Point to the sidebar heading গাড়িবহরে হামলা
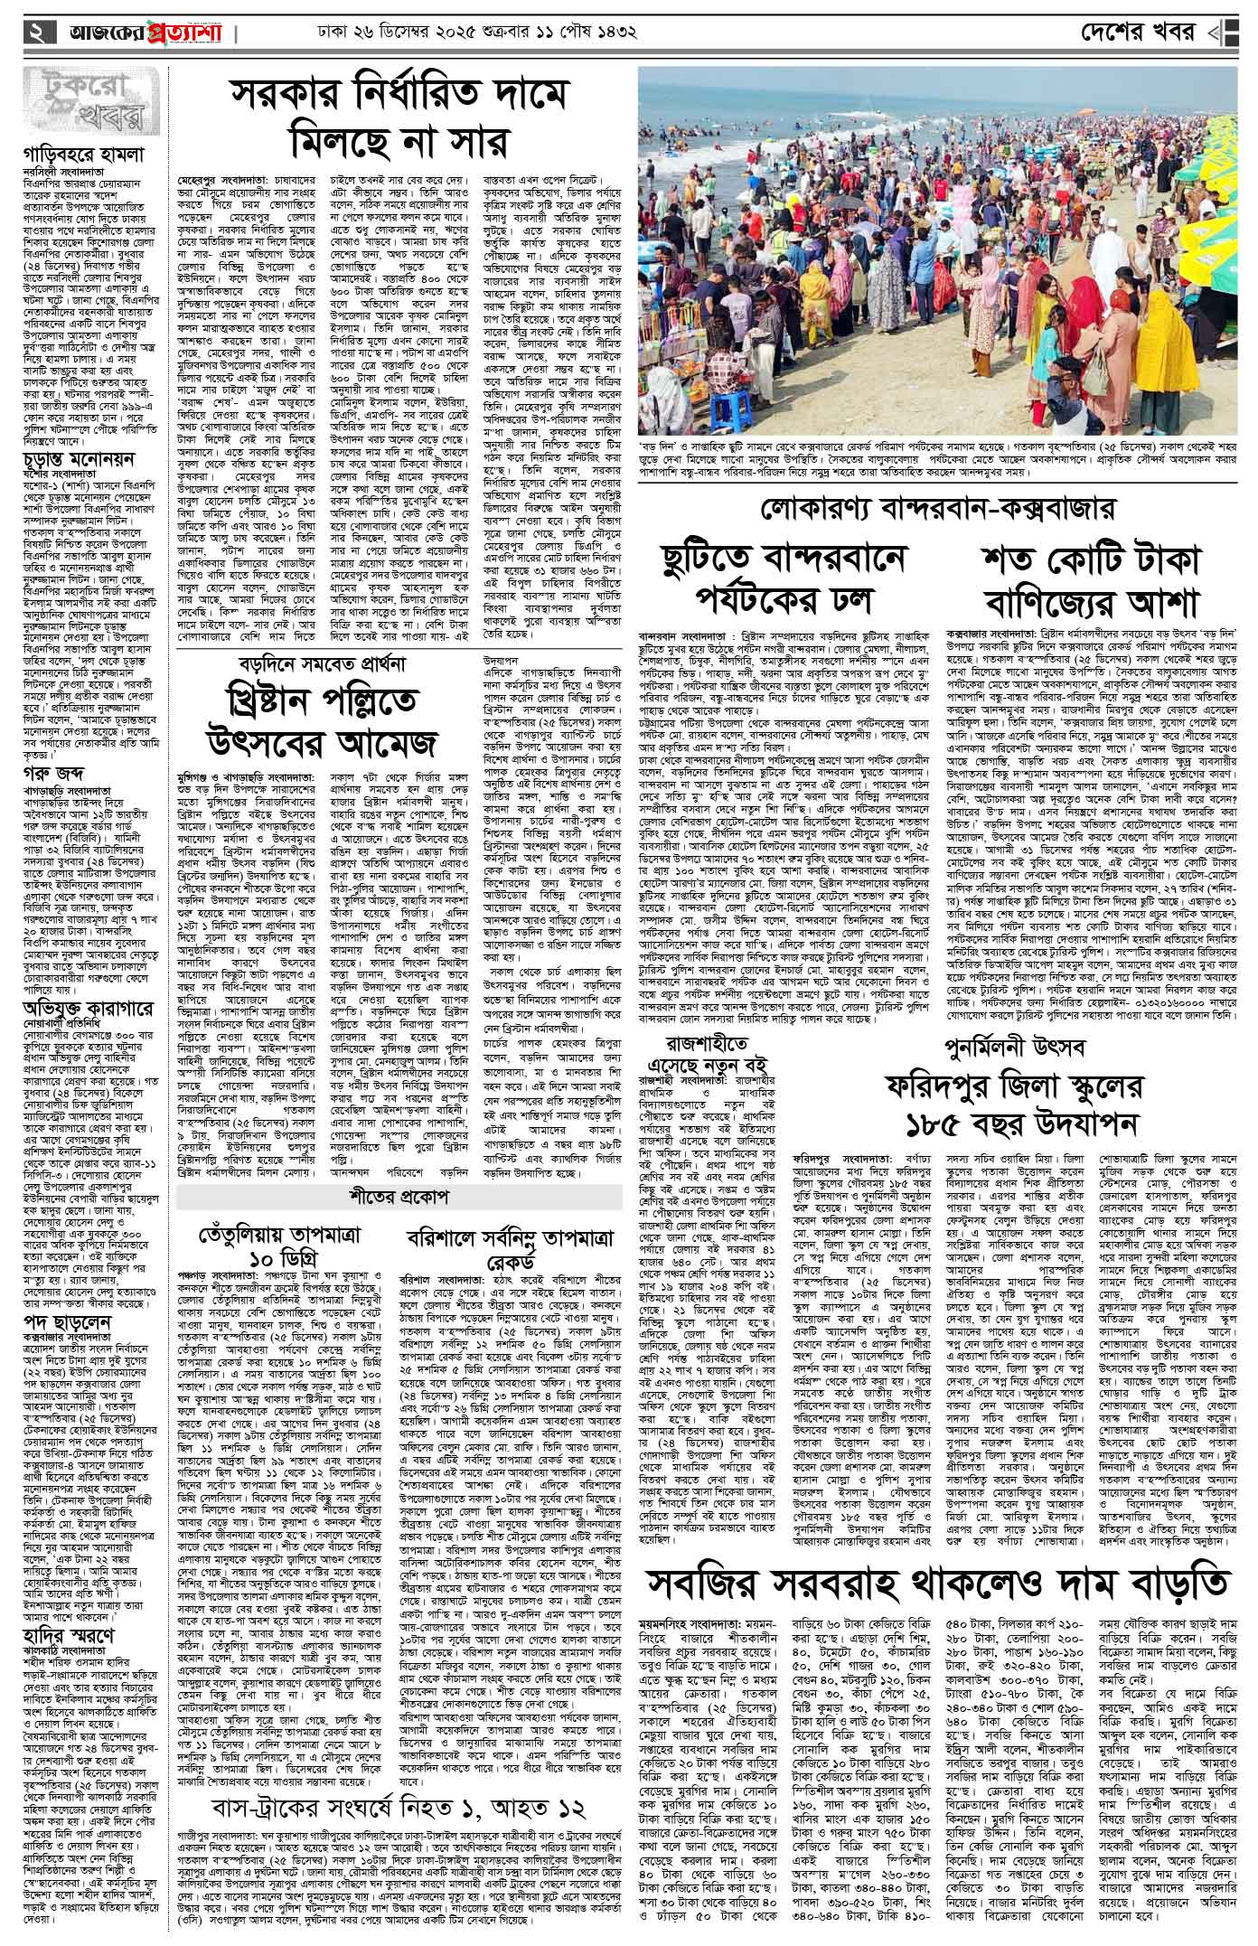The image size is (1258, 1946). point(80,155)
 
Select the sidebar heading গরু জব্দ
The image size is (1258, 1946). point(55,772)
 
